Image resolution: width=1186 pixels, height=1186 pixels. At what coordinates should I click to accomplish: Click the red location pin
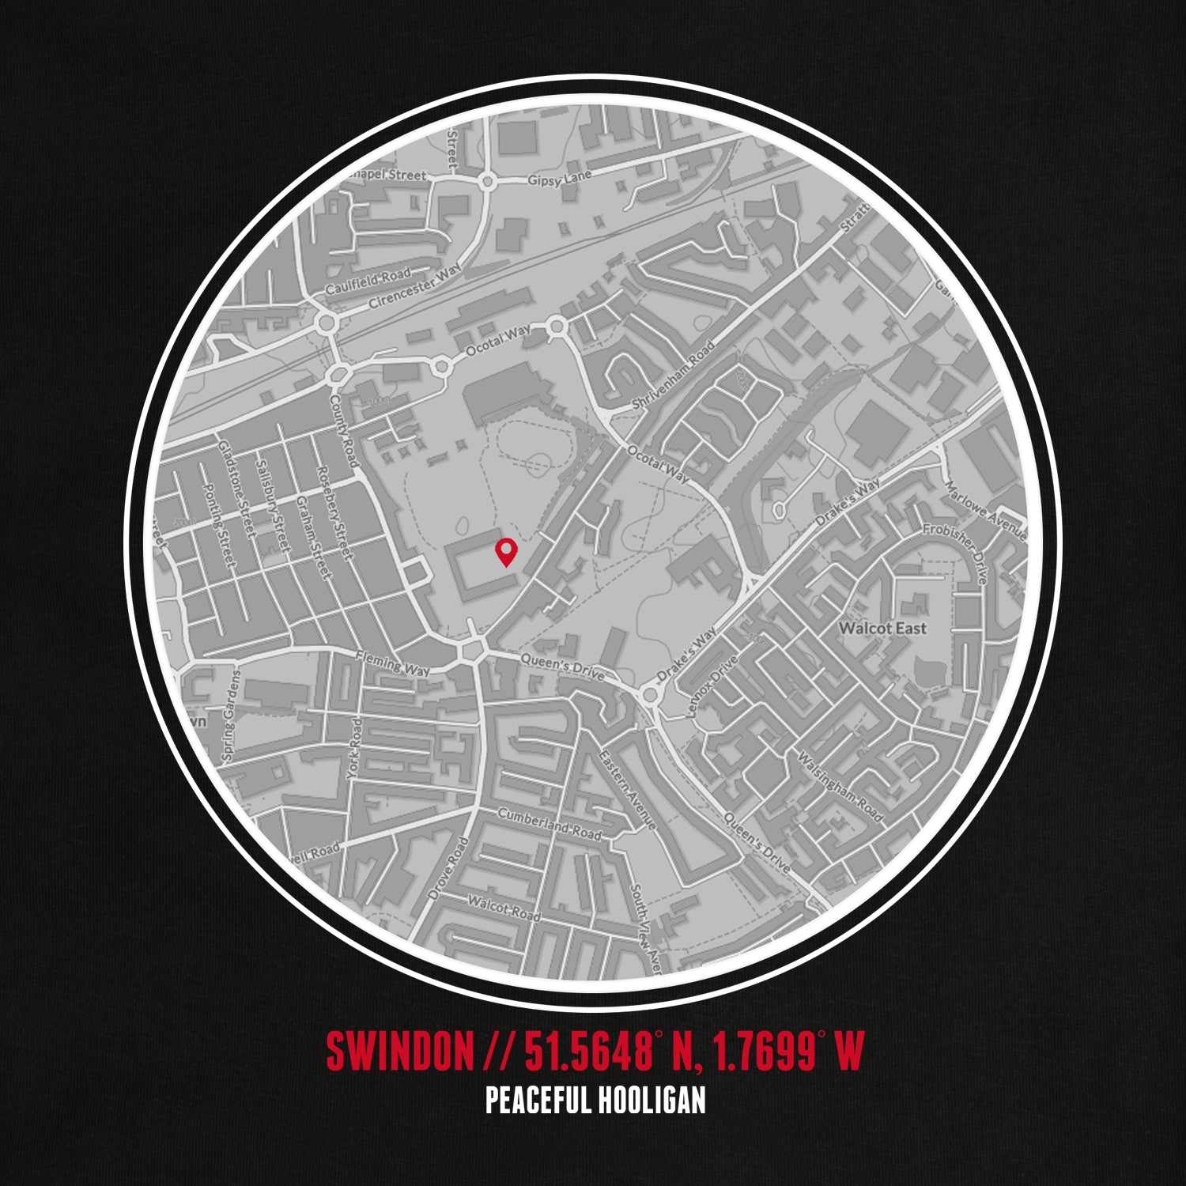(x=504, y=551)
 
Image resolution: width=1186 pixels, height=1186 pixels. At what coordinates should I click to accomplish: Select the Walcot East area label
(x=882, y=629)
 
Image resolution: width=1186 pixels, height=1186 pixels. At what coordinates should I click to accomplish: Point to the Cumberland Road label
(x=549, y=825)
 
